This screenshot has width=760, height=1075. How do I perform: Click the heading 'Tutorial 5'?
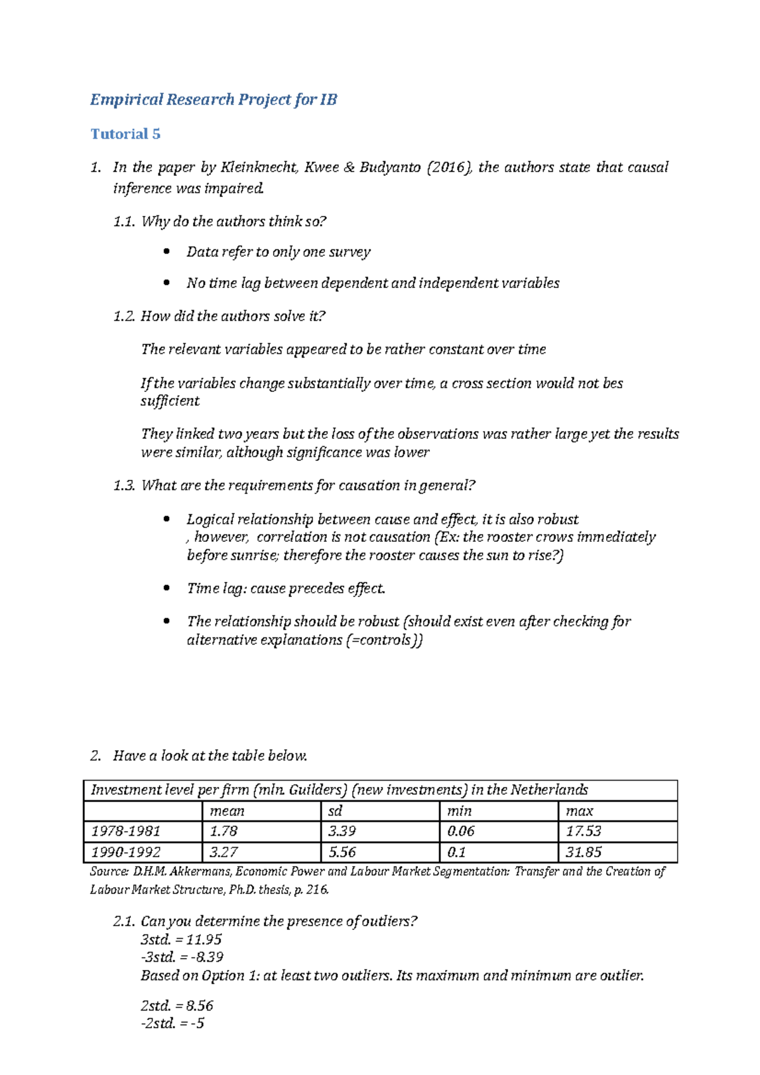125,134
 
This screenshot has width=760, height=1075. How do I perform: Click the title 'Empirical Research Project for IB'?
213,99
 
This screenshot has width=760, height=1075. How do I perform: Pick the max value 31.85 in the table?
583,852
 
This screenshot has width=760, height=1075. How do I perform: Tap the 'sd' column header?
335,811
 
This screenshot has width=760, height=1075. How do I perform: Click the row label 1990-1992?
126,852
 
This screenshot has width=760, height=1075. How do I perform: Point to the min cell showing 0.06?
460,831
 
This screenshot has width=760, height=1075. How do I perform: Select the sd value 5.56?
342,852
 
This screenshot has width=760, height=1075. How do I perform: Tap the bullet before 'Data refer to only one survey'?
167,252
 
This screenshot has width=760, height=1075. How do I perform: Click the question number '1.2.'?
124,316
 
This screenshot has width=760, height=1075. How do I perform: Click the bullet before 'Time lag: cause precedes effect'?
167,588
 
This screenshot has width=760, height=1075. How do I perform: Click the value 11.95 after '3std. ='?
204,940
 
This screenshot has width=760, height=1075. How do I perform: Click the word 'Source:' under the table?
109,872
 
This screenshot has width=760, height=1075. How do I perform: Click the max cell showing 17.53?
583,831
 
